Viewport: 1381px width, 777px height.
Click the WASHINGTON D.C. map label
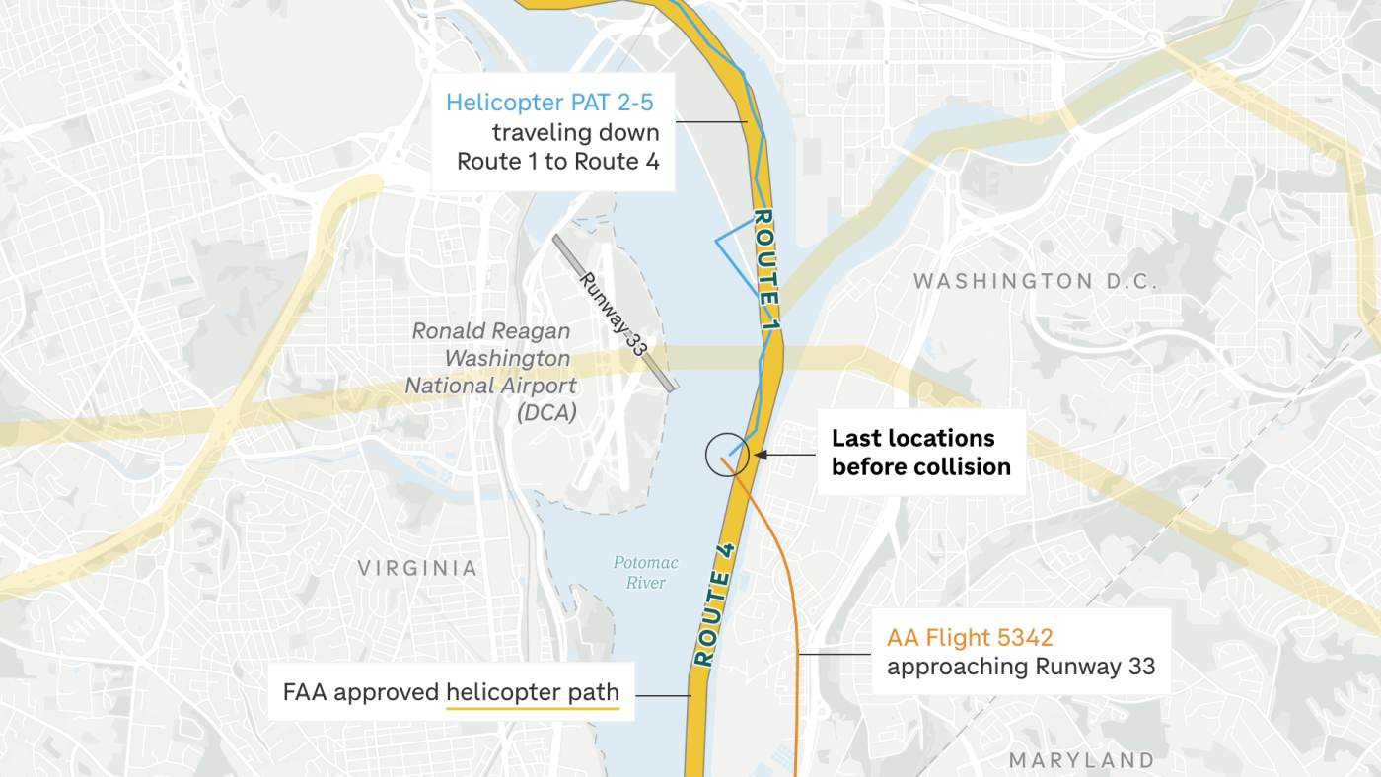pyautogui.click(x=1035, y=281)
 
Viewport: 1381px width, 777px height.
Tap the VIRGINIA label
pyautogui.click(x=417, y=568)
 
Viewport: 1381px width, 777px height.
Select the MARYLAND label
pyautogui.click(x=1081, y=760)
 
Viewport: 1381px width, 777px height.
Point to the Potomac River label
pyautogui.click(x=646, y=572)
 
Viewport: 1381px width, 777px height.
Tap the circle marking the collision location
pyautogui.click(x=729, y=455)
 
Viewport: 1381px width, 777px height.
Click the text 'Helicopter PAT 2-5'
pyautogui.click(x=549, y=103)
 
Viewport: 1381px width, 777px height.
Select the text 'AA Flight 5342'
pyautogui.click(x=970, y=637)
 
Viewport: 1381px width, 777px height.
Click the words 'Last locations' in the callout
pyautogui.click(x=913, y=438)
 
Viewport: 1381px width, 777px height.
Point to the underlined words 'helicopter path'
pyautogui.click(x=533, y=692)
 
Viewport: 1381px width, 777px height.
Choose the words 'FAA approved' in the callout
pyautogui.click(x=360, y=692)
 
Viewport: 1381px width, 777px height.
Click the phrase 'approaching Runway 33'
pyautogui.click(x=1020, y=666)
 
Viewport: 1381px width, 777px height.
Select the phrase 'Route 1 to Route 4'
pyautogui.click(x=558, y=161)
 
